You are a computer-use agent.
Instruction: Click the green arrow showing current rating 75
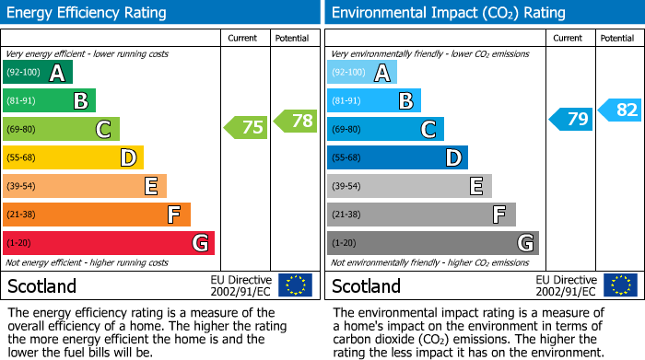tap(246, 128)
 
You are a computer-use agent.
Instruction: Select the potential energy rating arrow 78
tap(294, 120)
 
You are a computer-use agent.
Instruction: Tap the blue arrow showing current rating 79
tap(571, 119)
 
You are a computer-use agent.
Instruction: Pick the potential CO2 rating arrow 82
tap(619, 110)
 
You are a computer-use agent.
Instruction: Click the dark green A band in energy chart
tap(38, 73)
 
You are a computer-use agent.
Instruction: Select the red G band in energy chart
tap(109, 243)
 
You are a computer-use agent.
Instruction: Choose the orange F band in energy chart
tap(97, 215)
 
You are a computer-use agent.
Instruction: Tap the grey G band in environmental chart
tap(432, 243)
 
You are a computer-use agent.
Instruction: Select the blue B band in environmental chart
tap(374, 100)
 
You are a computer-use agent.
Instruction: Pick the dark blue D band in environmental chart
tap(397, 157)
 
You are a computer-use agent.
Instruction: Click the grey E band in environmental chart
tap(409, 186)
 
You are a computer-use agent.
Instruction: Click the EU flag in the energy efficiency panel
tap(295, 285)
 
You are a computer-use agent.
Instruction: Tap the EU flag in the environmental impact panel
tap(620, 285)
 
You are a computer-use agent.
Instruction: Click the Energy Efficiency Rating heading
tap(87, 13)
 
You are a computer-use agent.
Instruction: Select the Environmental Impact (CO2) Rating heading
tap(447, 13)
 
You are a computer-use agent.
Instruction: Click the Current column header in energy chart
tap(244, 38)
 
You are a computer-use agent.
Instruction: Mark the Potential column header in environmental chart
tap(616, 38)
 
